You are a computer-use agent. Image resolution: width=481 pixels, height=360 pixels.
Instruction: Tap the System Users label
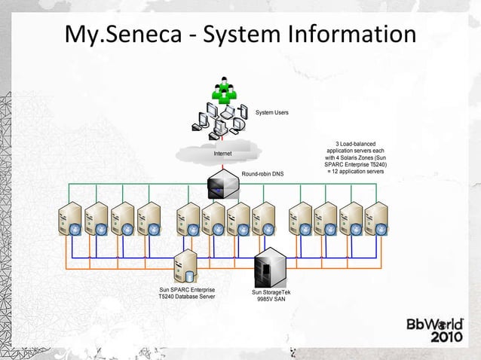pos(271,112)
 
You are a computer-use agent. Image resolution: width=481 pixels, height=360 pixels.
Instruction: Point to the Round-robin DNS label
pos(262,173)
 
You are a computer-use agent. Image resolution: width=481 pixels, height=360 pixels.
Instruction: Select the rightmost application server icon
pos(375,218)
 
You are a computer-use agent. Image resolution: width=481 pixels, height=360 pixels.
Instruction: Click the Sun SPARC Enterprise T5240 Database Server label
pos(186,294)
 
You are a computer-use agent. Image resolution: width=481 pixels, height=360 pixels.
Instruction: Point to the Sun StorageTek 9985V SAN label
pos(270,295)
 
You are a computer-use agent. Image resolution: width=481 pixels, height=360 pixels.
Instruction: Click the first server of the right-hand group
pos(302,218)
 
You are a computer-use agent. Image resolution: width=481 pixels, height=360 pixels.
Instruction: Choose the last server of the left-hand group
pos(149,218)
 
